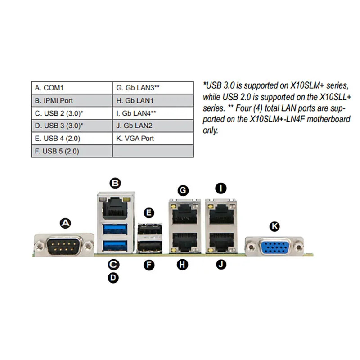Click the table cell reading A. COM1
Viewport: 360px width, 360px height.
[72, 88]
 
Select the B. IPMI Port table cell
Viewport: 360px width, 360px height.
[72, 100]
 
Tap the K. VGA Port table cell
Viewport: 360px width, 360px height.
[153, 138]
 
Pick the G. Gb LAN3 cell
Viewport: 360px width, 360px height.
[153, 88]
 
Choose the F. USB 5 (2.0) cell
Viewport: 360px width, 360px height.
[72, 151]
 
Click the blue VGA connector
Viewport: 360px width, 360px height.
[274, 247]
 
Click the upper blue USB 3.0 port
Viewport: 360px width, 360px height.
[115, 229]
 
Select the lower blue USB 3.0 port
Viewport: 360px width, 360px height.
[115, 245]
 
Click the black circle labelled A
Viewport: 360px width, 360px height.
[65, 223]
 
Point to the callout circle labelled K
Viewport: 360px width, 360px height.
[274, 226]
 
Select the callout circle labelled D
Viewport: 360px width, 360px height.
[113, 278]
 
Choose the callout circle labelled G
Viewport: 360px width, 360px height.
[183, 190]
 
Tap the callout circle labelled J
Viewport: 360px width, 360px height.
[221, 264]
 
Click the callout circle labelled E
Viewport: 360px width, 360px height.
[149, 212]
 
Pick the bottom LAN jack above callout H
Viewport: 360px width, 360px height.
[184, 242]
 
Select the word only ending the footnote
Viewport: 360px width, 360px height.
[210, 130]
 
